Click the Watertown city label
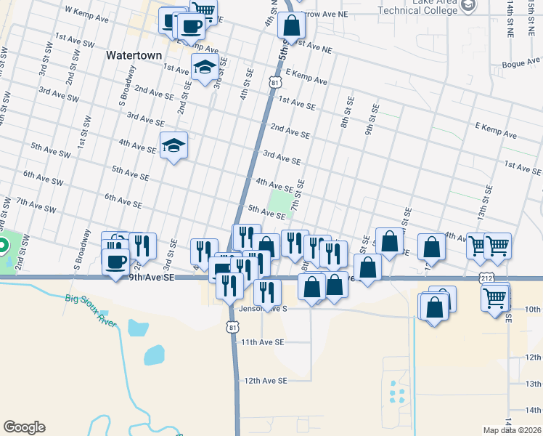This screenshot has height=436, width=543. point(134,55)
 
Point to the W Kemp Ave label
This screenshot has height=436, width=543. point(86,14)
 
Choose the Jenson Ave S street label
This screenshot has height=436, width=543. point(264,308)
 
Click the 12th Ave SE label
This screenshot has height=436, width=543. point(266,380)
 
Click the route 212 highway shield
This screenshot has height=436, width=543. point(486,277)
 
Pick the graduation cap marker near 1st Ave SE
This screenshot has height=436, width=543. point(205,67)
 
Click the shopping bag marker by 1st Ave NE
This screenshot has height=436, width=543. point(291,25)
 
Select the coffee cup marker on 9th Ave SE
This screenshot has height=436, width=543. point(116,262)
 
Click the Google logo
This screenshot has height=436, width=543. point(24,427)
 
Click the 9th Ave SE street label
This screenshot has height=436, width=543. point(152,277)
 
